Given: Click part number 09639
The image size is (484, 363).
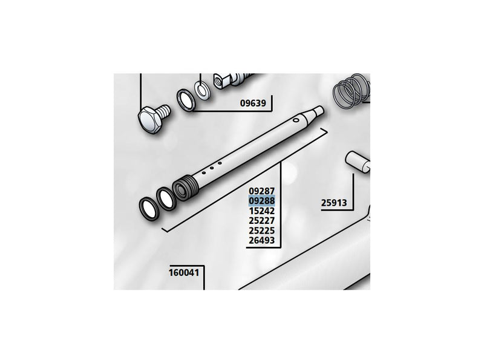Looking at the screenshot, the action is click(253, 103).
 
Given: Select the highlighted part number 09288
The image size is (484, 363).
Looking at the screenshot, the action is click(262, 201).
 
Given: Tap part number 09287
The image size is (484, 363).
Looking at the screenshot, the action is click(262, 191).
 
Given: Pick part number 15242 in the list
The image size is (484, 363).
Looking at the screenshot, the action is click(262, 211).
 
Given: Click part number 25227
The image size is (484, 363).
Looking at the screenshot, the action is click(262, 221).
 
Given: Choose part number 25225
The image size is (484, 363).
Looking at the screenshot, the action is click(262, 231).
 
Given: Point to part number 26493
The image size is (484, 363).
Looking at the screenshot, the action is click(262, 240).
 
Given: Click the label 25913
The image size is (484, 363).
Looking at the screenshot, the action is click(334, 203).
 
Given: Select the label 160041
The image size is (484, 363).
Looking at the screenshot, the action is click(184, 273).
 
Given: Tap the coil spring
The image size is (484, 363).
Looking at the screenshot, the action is click(352, 92).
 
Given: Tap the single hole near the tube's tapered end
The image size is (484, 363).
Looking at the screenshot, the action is click(296, 119).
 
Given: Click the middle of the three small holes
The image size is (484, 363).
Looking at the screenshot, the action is click(212, 168).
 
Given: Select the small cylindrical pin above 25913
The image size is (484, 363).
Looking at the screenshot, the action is click(358, 162).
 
